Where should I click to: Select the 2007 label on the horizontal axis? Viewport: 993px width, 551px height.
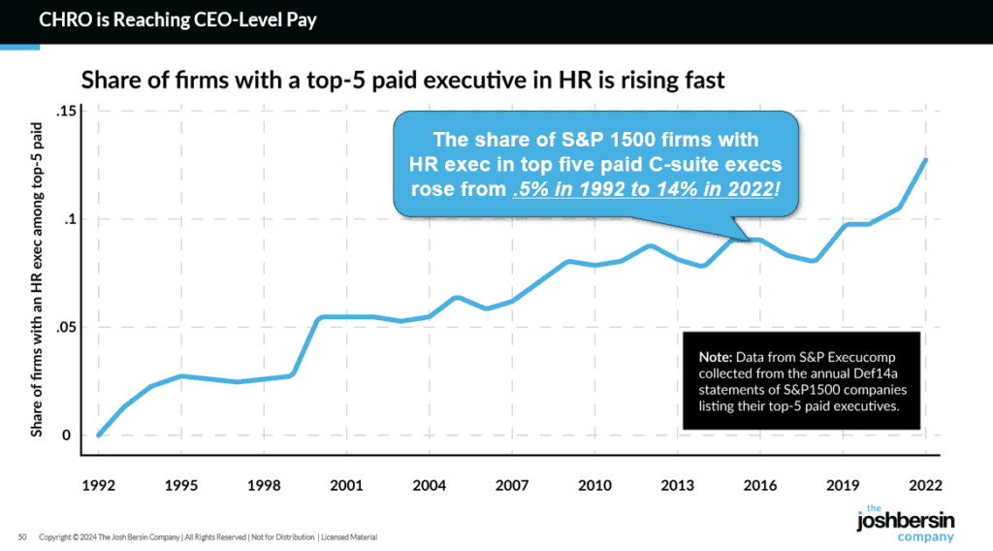(511, 483)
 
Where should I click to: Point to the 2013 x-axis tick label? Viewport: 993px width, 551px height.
(677, 483)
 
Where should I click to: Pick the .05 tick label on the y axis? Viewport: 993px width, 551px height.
(64, 328)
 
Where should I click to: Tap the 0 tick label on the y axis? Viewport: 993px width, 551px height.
(68, 436)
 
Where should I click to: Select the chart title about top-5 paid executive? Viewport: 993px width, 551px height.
(402, 80)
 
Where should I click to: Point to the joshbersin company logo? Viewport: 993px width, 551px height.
(892, 524)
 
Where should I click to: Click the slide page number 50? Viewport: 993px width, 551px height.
(21, 536)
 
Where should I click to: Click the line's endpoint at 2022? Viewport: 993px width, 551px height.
(925, 160)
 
